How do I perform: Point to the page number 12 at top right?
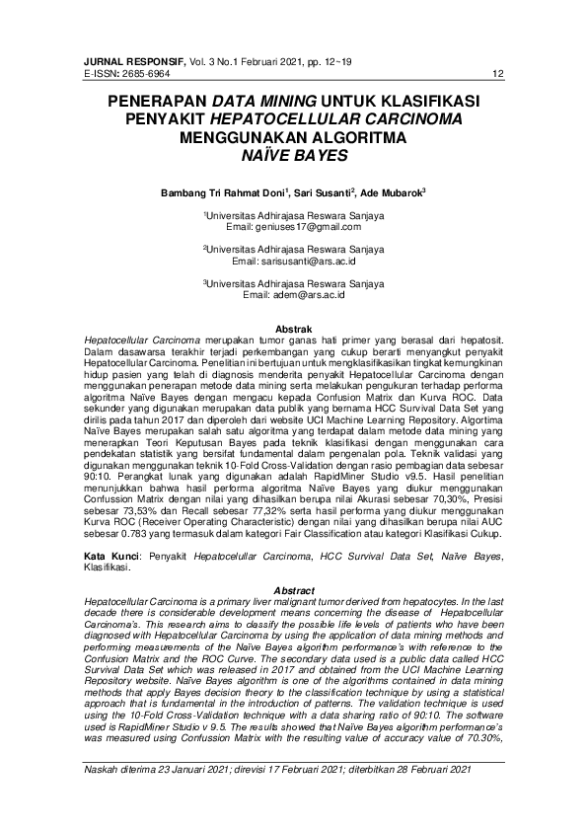tap(497, 74)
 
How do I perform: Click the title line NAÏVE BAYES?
tap(293, 155)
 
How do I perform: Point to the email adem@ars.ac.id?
tap(294, 294)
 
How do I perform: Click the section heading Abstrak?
tap(293, 328)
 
